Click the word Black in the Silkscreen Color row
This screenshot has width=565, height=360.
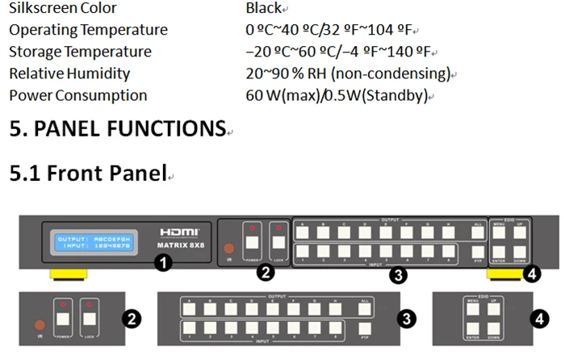263,8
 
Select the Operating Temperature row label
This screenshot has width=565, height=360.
89,30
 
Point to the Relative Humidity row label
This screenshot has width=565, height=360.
69,73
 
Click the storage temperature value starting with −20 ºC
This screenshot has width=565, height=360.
338,52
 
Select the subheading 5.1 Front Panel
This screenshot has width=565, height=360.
87,173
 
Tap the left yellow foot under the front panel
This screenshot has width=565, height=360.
69,275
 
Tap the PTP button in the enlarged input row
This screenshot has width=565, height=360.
366,331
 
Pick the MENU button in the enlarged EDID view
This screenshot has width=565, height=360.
472,308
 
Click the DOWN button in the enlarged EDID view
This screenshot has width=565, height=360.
495,331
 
